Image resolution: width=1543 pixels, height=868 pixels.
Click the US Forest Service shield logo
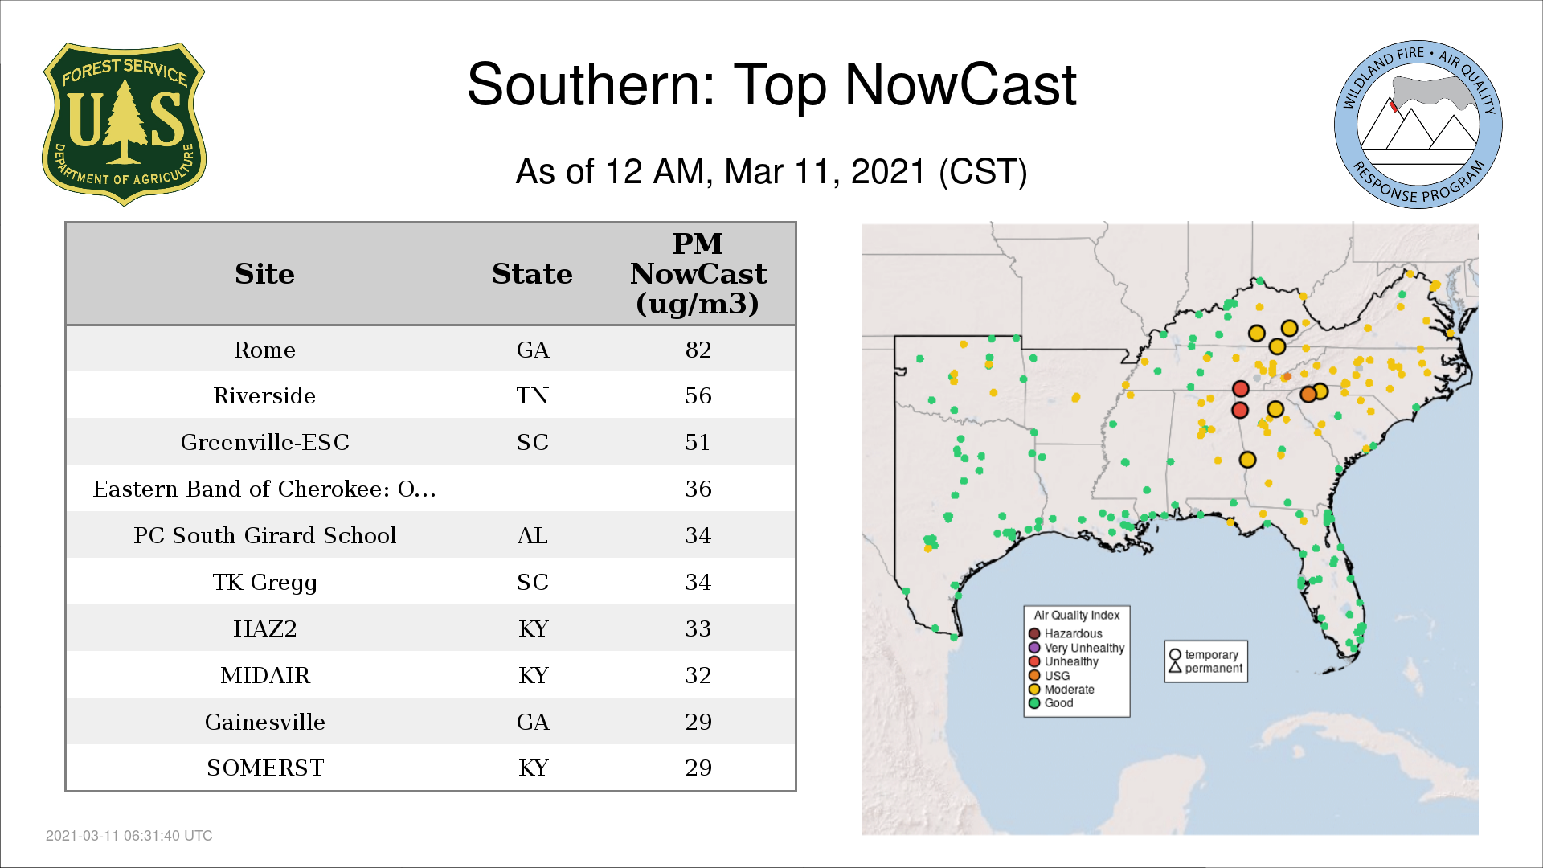point(124,124)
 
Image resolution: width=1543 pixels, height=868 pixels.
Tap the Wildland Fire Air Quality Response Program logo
point(1418,125)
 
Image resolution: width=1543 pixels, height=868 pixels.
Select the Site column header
point(264,274)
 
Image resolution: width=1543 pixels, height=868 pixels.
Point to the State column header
point(532,274)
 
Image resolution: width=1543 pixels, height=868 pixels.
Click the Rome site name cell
point(264,350)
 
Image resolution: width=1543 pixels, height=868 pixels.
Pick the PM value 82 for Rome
point(698,350)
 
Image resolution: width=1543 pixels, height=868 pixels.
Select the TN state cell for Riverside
point(533,395)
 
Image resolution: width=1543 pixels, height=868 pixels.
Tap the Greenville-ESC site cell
point(264,442)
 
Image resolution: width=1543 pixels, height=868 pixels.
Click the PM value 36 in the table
point(698,489)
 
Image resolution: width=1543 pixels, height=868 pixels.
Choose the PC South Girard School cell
point(264,535)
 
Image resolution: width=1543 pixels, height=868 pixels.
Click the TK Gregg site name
point(264,583)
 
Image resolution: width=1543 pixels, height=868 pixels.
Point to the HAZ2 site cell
point(264,628)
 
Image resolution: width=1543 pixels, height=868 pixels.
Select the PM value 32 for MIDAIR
point(698,675)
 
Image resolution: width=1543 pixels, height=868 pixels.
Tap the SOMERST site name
point(264,768)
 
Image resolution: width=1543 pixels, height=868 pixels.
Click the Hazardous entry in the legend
point(1066,633)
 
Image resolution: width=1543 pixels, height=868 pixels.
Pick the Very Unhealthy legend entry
point(1077,648)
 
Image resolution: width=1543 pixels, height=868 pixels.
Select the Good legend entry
point(1051,702)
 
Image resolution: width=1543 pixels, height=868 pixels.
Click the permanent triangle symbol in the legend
point(1175,667)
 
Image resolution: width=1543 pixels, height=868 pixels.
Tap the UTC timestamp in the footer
point(129,836)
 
